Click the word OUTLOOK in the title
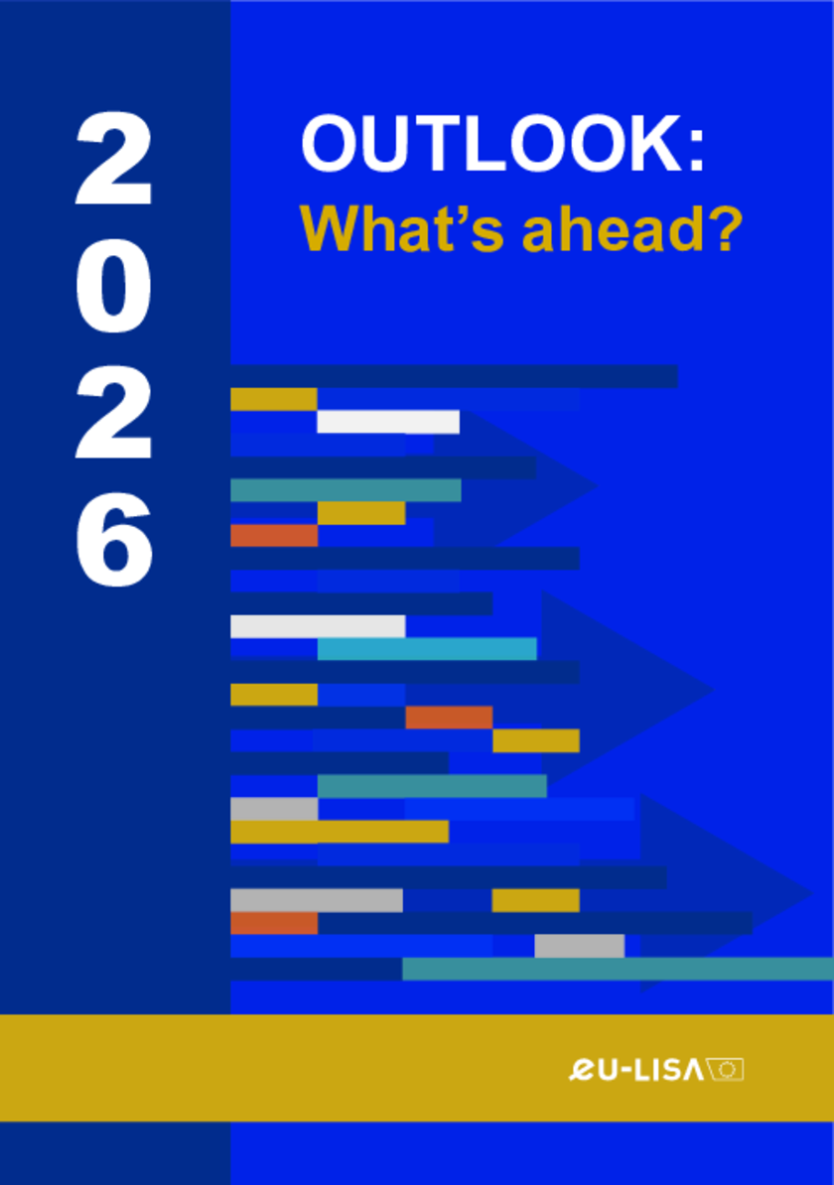tap(493, 144)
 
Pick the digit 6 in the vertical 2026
tap(114, 540)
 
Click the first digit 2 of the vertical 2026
tap(114, 159)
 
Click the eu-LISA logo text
tap(635, 1069)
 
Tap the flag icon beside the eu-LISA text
tap(725, 1069)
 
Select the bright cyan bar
tap(427, 648)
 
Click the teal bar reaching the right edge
tap(618, 969)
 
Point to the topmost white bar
tap(388, 422)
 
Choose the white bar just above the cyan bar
tap(318, 626)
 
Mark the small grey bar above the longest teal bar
tap(579, 946)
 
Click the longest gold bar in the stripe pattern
tap(340, 832)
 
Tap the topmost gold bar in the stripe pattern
tap(274, 399)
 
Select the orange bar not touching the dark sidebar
tap(449, 718)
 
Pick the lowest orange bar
tap(274, 923)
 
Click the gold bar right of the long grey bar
tap(535, 900)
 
